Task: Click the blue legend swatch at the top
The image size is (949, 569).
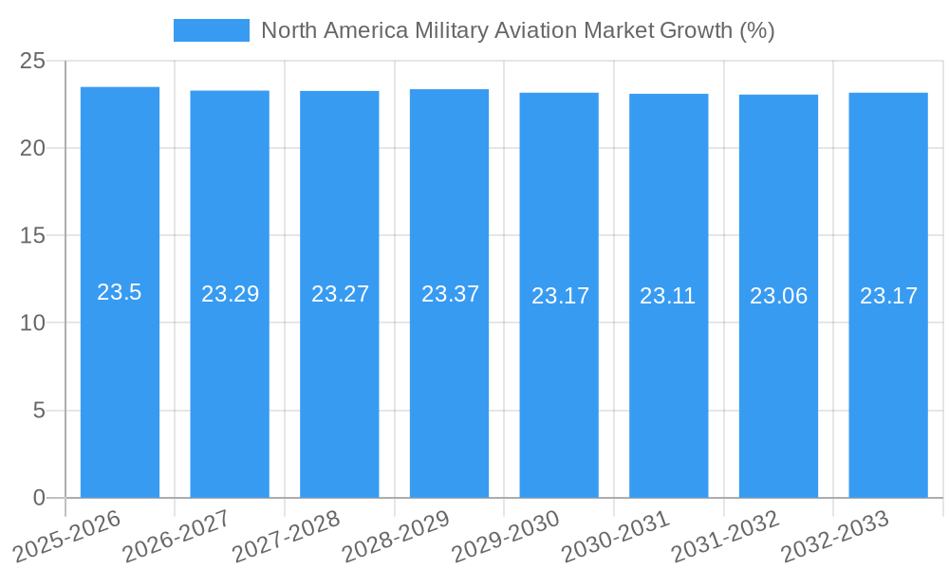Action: pos(211,30)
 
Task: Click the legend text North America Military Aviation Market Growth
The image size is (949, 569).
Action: pos(517,30)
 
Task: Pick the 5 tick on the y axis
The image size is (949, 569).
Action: pos(39,411)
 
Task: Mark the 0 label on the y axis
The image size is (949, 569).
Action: pos(39,498)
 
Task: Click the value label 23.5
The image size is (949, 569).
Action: pos(120,292)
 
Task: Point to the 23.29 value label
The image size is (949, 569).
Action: pos(230,294)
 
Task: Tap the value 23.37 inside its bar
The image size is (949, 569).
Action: pos(450,294)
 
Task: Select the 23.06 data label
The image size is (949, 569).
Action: pos(778,296)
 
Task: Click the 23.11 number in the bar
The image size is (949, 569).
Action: pos(668,296)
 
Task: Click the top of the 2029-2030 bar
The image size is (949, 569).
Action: pos(559,94)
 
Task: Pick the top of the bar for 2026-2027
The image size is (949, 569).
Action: pos(230,92)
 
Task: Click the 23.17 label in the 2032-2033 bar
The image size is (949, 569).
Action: pos(888,296)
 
